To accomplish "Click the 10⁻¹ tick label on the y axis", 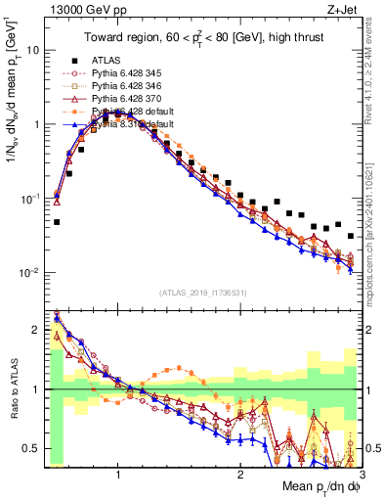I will tap(30, 199).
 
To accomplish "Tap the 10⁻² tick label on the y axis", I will tap(30, 273).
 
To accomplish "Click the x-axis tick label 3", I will tap(362, 475).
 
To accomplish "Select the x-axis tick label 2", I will tap(240, 475).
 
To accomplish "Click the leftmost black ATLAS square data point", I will tap(57, 222).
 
